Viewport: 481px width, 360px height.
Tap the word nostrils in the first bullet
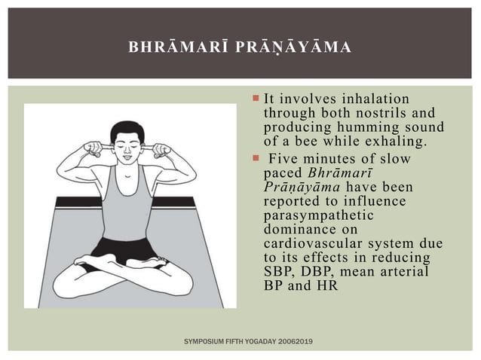coord(384,113)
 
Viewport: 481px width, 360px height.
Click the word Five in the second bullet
coord(283,159)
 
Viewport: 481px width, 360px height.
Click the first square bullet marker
coord(256,98)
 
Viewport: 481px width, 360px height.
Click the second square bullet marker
coord(256,158)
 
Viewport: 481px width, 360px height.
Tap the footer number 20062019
coord(295,342)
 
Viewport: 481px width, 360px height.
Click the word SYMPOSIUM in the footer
coord(204,342)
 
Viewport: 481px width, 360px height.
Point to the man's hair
coord(127,130)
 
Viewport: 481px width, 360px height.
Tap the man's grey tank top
coord(125,203)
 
